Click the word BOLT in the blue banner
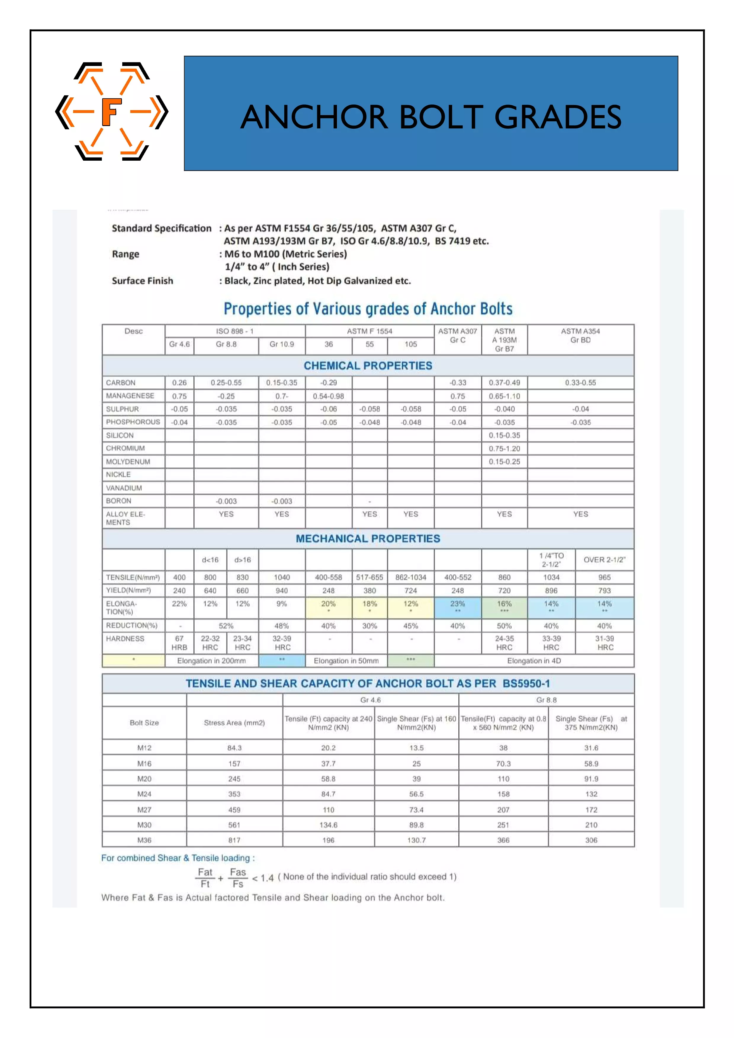point(441,117)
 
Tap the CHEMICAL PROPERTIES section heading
point(368,366)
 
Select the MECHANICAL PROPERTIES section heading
point(368,539)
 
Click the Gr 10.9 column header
point(281,344)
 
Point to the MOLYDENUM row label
point(128,462)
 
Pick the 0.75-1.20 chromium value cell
point(504,449)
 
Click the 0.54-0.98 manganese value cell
point(328,396)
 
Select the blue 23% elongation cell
point(457,606)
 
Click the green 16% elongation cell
point(504,606)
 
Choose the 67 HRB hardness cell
point(179,643)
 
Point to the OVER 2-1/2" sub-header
point(604,560)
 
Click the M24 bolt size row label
point(144,794)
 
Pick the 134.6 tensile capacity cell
point(328,825)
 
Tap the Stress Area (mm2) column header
point(234,723)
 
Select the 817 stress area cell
point(234,840)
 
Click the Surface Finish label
point(142,281)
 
